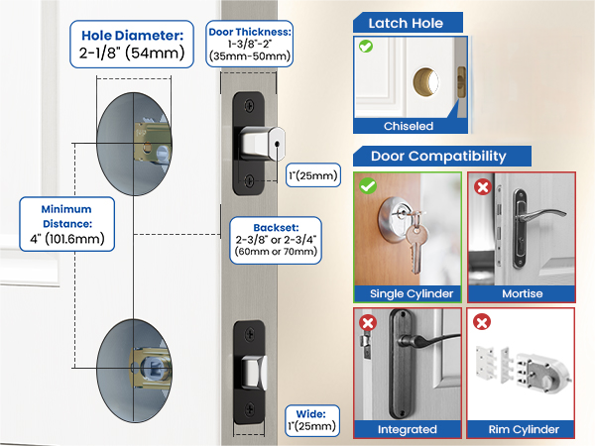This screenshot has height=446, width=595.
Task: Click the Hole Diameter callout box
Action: click(132, 45)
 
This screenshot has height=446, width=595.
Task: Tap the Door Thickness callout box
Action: click(250, 44)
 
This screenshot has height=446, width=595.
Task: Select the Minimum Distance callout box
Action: click(66, 224)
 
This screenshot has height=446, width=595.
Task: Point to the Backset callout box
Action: click(276, 240)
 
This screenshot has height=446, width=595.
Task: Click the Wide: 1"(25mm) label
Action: click(312, 420)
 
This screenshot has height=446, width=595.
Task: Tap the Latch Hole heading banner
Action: click(408, 23)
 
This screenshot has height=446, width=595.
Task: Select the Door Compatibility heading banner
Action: click(441, 157)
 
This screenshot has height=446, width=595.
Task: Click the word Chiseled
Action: click(409, 126)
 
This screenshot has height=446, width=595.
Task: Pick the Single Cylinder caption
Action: click(412, 293)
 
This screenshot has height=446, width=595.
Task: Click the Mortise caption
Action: click(523, 293)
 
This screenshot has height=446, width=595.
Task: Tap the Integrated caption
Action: click(408, 429)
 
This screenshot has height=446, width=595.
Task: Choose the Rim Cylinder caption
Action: click(524, 429)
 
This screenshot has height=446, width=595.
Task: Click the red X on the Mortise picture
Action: click(483, 187)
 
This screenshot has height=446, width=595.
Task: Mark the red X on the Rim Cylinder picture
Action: click(482, 322)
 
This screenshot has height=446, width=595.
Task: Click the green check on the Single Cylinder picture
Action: click(368, 186)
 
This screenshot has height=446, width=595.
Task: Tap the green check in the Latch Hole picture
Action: click(366, 47)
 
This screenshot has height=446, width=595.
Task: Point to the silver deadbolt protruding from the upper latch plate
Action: click(262, 144)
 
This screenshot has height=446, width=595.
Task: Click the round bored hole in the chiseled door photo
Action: click(425, 82)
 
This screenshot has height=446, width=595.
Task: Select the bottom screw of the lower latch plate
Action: click(250, 410)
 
